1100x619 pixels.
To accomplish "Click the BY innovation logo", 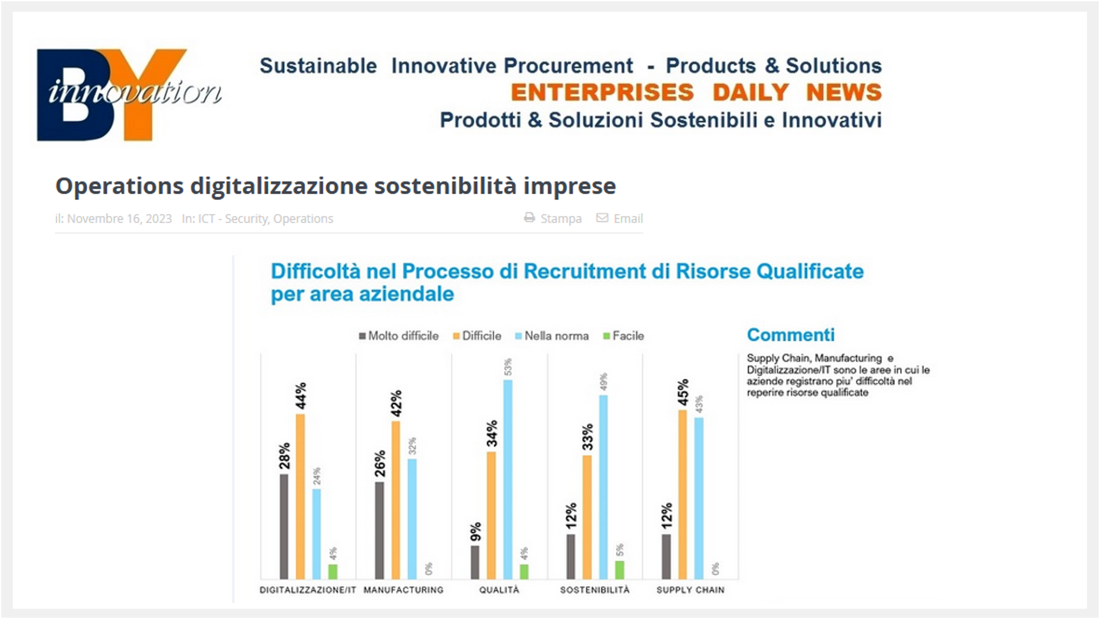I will point(128,95).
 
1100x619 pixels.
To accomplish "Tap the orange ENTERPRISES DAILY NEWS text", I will point(696,92).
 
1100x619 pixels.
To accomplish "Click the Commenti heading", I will point(790,335).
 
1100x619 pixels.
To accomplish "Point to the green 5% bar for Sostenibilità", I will point(620,570).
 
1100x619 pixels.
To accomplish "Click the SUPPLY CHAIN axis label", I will point(690,590).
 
